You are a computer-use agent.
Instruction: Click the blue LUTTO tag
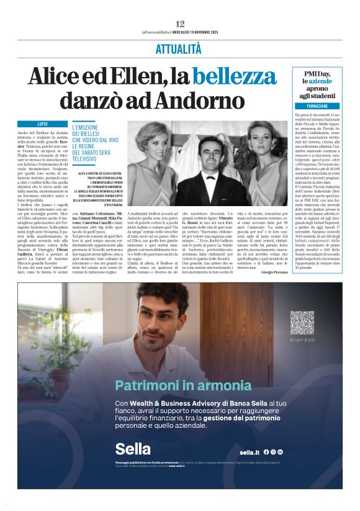(x=42, y=124)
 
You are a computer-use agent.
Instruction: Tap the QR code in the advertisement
(x=302, y=323)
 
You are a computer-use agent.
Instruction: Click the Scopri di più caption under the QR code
(x=302, y=340)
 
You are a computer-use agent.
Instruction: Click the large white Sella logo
(x=133, y=448)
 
